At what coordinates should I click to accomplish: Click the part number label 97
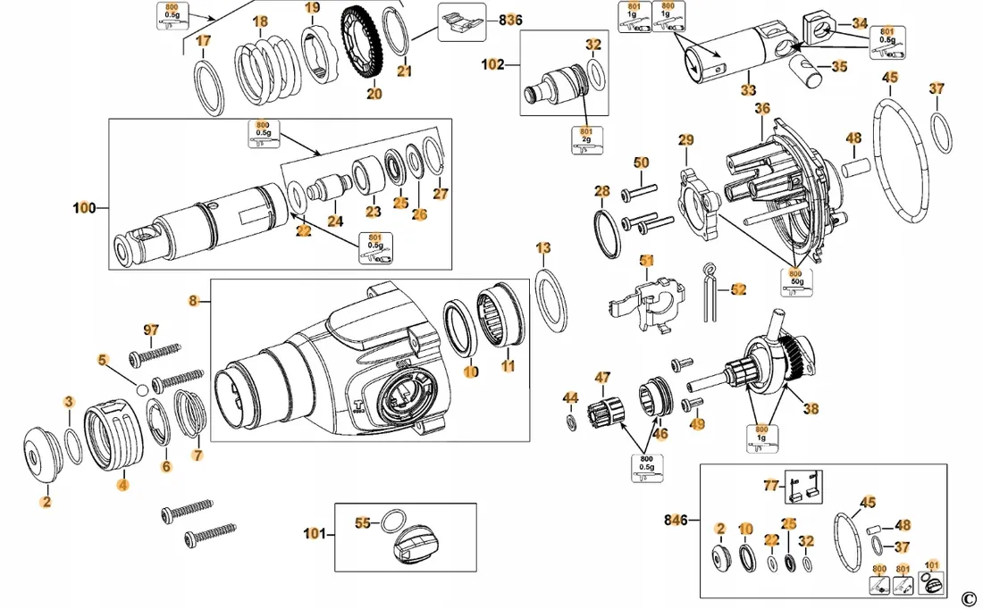point(151,331)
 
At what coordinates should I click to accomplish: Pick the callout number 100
point(84,208)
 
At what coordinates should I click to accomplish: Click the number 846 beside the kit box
point(677,520)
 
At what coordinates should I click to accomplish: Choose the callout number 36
point(761,108)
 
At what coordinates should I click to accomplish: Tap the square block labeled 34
point(819,33)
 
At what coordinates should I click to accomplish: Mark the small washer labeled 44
point(571,420)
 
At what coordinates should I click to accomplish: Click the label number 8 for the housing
point(193,302)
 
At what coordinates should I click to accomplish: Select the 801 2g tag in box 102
point(586,138)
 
